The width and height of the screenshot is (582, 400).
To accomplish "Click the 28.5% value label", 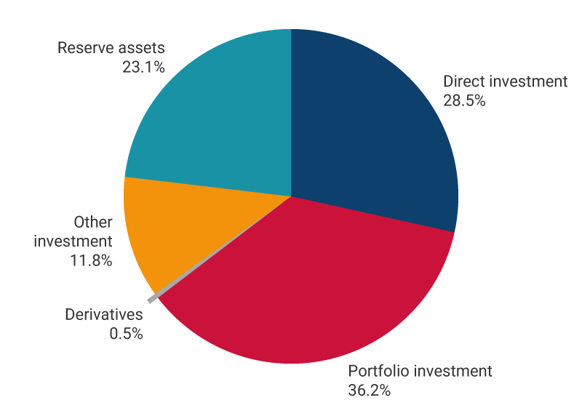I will click(464, 100).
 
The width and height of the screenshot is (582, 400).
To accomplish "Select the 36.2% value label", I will click(370, 390).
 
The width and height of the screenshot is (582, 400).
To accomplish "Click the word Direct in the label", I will click(463, 81).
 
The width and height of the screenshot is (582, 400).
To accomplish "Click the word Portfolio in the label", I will click(376, 371).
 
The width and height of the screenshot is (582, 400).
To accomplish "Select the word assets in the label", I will click(142, 48).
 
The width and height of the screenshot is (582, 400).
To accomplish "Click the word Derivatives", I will click(104, 315).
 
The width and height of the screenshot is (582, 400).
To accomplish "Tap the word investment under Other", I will click(73, 241).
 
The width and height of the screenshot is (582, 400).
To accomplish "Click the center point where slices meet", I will click(291, 196).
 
